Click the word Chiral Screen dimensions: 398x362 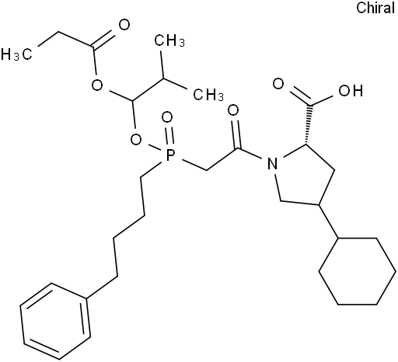(375, 8)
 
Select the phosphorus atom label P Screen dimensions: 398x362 (169, 155)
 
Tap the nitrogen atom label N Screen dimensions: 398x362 (272, 164)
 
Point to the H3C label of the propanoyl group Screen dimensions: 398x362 (16, 54)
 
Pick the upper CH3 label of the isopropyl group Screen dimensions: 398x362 (169, 40)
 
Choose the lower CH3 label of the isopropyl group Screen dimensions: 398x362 (208, 94)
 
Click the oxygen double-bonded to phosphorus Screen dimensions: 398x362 (167, 118)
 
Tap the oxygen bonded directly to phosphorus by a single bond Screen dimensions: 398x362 (136, 140)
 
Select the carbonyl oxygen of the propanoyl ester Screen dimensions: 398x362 (124, 25)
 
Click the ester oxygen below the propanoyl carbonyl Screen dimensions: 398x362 (97, 85)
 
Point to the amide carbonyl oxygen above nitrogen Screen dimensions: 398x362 (233, 111)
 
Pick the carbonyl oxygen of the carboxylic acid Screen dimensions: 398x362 (278, 84)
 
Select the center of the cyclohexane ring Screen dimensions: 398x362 (357, 271)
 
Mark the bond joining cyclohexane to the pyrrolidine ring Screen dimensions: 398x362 (328, 221)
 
